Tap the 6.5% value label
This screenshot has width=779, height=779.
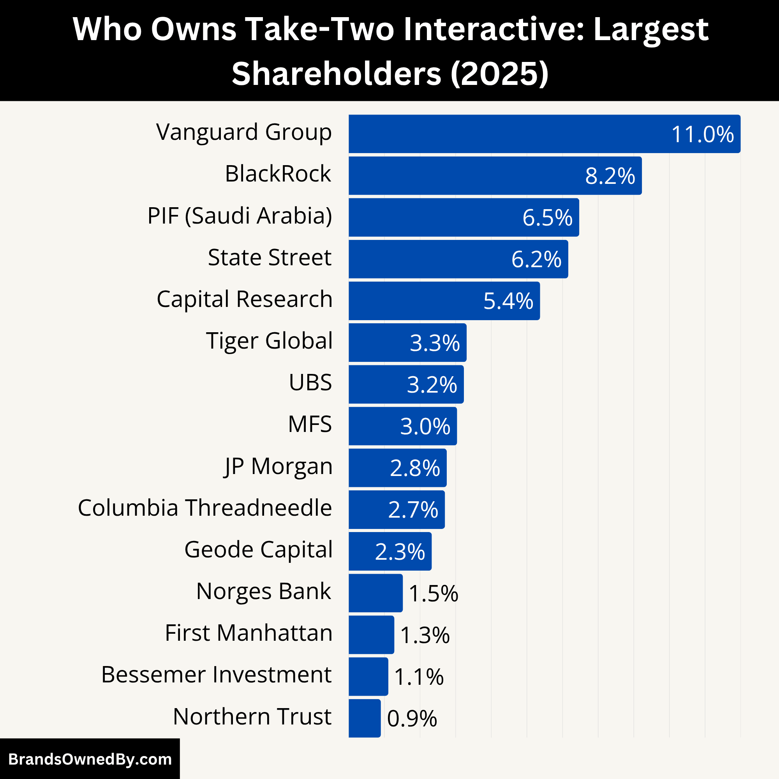[547, 218]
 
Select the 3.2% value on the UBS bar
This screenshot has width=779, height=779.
[432, 384]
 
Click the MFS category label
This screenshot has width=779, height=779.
[310, 424]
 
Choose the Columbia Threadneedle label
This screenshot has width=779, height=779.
[205, 508]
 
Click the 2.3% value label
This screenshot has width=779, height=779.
[400, 552]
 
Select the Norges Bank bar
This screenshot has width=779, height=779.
[375, 593]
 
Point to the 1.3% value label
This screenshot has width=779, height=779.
[425, 635]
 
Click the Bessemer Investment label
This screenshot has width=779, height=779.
[217, 675]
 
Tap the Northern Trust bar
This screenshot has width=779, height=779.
[365, 718]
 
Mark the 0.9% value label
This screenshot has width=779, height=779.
[412, 719]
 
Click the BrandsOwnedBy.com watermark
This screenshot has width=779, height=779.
[90, 759]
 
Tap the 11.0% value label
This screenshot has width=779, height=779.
[702, 134]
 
